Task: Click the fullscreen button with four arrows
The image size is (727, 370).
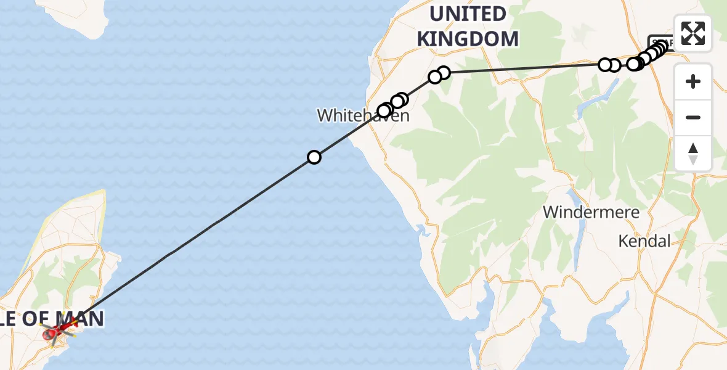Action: coord(693,33)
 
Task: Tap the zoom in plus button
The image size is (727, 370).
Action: coord(693,81)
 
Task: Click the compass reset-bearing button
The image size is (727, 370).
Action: coord(693,154)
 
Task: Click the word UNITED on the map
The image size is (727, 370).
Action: coord(468,14)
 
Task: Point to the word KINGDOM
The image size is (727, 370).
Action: coord(468,38)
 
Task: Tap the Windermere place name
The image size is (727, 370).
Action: coord(591,213)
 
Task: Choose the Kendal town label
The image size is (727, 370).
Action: coord(644,241)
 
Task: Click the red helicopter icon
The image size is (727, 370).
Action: coord(53,334)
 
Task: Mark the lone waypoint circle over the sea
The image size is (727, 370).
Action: coord(314,157)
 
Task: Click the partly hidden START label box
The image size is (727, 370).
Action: coord(659,41)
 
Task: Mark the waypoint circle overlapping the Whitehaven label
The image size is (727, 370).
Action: coord(384,110)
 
